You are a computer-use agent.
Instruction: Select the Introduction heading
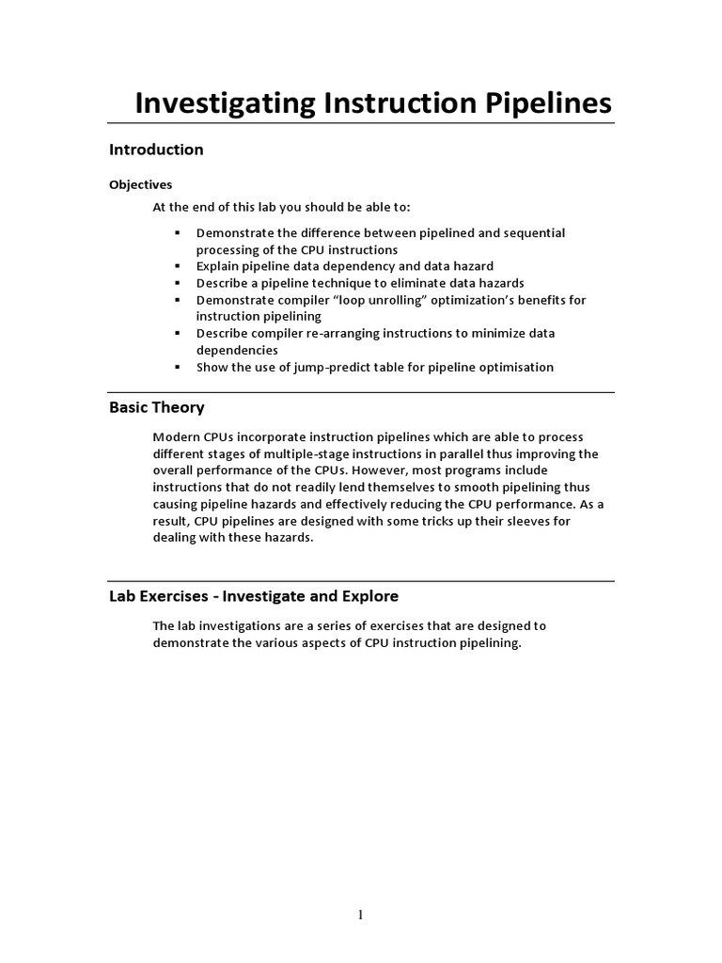[156, 150]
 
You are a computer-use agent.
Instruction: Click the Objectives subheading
[141, 184]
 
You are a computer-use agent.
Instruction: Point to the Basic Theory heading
[156, 407]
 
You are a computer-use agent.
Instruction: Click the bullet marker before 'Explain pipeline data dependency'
[176, 266]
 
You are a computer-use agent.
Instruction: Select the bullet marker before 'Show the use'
[176, 367]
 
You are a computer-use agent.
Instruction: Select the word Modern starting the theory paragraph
[176, 436]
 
